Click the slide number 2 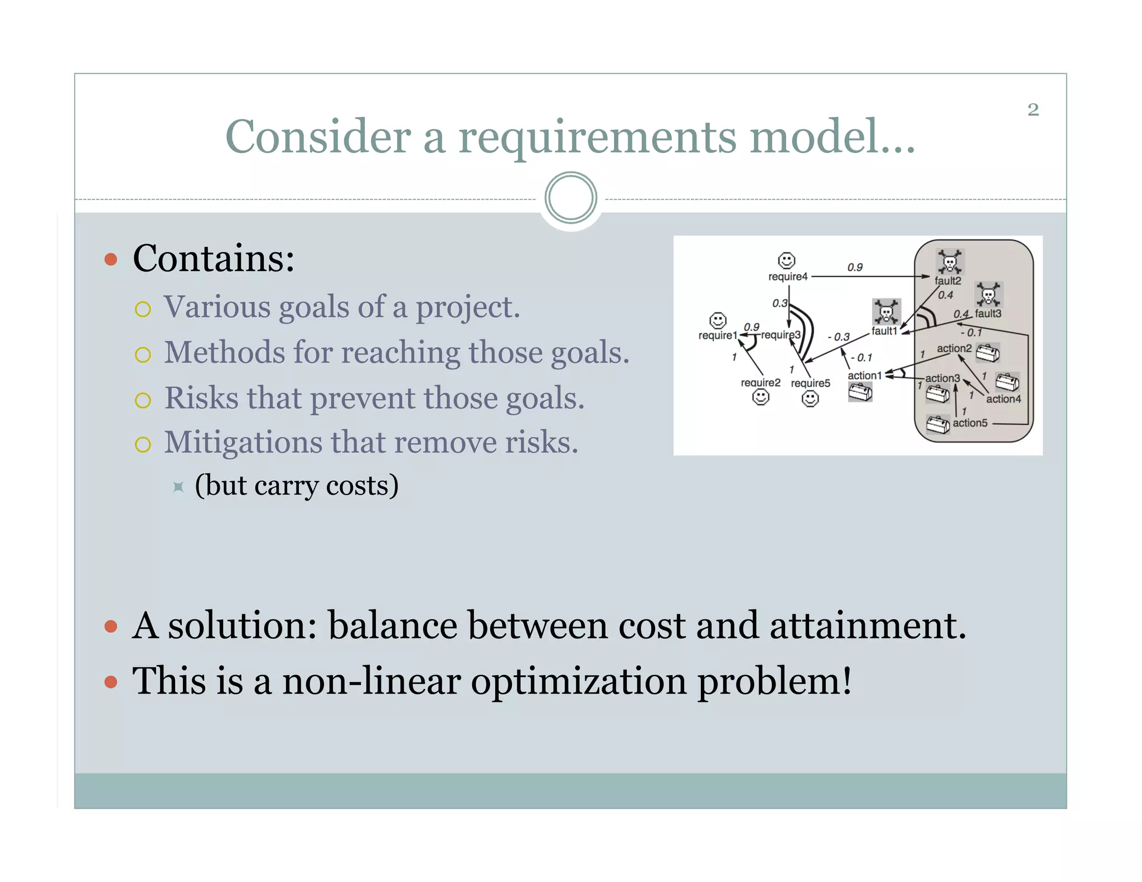click(x=1033, y=110)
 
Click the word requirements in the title click(x=597, y=137)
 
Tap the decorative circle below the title click(x=570, y=198)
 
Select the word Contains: click(x=214, y=259)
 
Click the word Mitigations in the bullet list click(x=243, y=443)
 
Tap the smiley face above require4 click(x=786, y=260)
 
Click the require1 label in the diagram click(x=717, y=336)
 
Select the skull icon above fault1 click(x=886, y=312)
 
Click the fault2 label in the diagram click(x=948, y=281)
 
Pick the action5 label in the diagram click(x=970, y=423)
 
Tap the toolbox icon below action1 click(x=860, y=392)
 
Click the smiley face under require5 click(x=810, y=399)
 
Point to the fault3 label click(x=988, y=314)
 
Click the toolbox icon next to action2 click(x=988, y=353)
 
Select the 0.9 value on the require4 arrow click(x=855, y=268)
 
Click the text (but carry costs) click(x=297, y=486)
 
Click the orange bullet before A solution click(x=111, y=627)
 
